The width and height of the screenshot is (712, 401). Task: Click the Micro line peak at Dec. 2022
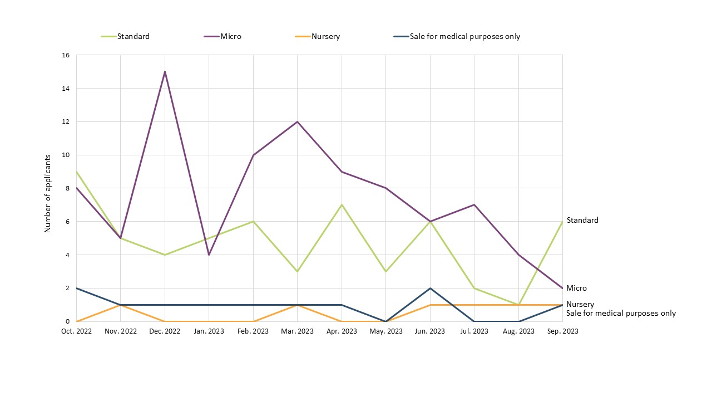pos(165,72)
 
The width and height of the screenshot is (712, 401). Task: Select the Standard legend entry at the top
pos(133,37)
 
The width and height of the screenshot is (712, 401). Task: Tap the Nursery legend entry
pos(325,37)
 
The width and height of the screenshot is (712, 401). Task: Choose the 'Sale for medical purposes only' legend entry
pos(464,37)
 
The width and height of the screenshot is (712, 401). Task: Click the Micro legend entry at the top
pos(230,37)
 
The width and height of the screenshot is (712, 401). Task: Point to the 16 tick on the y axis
pos(66,55)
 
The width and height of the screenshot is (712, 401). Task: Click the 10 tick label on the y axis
pos(66,155)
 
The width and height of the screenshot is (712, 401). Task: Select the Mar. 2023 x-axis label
pos(298,331)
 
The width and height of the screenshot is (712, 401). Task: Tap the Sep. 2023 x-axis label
pos(562,331)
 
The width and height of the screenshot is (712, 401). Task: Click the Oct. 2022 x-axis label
pos(76,331)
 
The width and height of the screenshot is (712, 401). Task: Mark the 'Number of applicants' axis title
pos(48,193)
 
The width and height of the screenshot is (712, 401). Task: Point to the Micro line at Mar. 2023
pos(298,121)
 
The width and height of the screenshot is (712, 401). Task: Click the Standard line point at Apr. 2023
pos(342,205)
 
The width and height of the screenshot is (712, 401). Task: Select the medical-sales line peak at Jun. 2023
pos(430,288)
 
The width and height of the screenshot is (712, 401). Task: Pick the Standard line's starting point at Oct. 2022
pos(76,172)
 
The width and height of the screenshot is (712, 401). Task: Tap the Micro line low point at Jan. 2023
pos(209,255)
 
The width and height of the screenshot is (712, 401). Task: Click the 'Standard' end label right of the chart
pos(582,220)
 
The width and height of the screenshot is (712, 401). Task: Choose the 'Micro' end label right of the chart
pos(576,288)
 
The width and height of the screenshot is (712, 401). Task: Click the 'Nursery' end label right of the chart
pos(580,305)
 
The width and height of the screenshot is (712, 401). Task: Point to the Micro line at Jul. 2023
pos(474,205)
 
